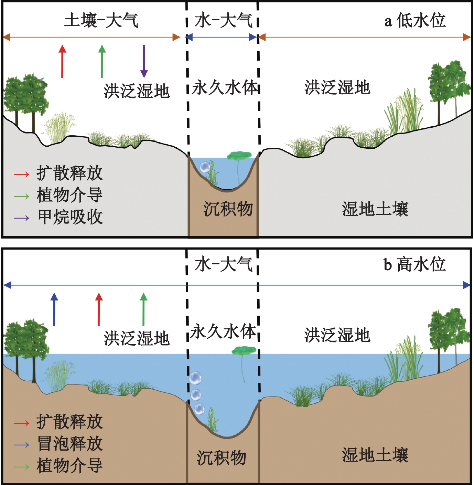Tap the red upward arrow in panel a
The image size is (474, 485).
[x=62, y=62]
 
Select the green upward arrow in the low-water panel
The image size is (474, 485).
[x=102, y=62]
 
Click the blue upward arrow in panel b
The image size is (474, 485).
[x=54, y=309]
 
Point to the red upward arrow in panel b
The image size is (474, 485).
[x=99, y=309]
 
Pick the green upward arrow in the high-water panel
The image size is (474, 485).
[x=143, y=309]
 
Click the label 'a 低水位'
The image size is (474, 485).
[x=415, y=21]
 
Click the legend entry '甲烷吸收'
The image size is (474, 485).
[x=70, y=217]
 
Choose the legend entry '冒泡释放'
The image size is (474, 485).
[x=70, y=444]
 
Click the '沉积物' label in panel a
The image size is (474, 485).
[x=228, y=209]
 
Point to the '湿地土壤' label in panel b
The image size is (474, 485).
[x=375, y=455]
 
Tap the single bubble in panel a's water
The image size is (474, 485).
[x=205, y=167]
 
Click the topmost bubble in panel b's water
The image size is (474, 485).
[x=195, y=378]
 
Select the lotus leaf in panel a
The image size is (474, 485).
[x=239, y=156]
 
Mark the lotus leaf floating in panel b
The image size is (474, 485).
[x=244, y=351]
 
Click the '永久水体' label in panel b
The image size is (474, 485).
[x=223, y=331]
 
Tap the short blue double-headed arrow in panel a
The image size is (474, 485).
[x=222, y=37]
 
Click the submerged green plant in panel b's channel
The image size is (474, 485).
[x=213, y=420]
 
